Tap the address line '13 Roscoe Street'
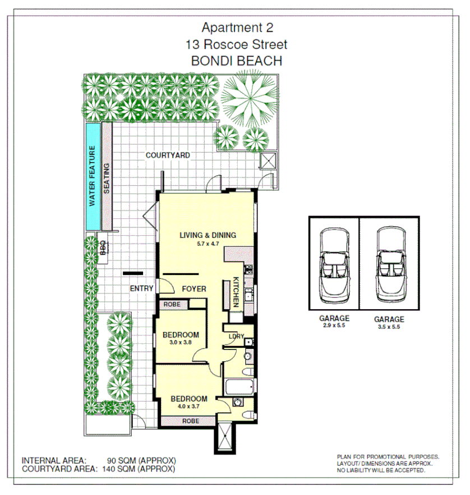click(237, 44)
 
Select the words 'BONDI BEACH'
click(237, 61)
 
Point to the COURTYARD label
click(168, 155)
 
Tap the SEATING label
click(107, 178)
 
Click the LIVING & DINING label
click(208, 235)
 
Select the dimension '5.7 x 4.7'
click(208, 244)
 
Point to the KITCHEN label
click(237, 292)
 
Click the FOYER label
click(194, 289)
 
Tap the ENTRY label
click(141, 289)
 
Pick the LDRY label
click(236, 336)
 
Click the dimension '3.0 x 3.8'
click(181, 342)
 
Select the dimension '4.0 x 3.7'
click(188, 407)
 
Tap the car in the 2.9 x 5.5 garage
click(334, 263)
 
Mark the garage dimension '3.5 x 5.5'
click(389, 327)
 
